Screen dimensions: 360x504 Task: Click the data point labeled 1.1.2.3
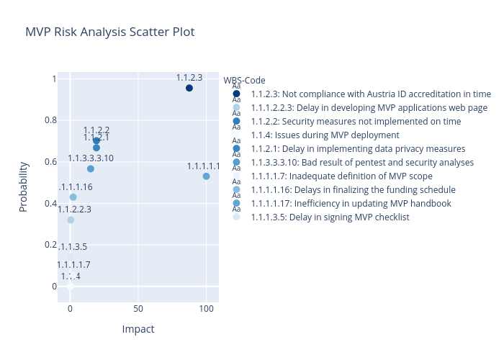189,88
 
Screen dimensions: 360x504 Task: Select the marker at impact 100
206,176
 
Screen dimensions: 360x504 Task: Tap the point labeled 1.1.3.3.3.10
91,168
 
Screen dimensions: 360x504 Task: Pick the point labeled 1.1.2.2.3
71,220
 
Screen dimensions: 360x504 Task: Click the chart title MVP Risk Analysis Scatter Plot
109,32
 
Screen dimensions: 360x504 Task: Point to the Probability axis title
24,186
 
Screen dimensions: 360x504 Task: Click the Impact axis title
138,329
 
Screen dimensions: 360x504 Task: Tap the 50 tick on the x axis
138,308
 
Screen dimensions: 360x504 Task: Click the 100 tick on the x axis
206,308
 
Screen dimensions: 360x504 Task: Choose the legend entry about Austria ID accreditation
371,94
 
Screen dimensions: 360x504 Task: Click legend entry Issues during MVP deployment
325,135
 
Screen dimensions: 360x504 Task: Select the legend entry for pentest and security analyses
362,162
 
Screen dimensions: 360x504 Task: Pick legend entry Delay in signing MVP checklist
330,217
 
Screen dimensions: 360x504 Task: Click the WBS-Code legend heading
245,80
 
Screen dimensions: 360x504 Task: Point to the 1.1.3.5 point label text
73,247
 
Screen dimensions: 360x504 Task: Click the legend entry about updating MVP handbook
351,203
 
